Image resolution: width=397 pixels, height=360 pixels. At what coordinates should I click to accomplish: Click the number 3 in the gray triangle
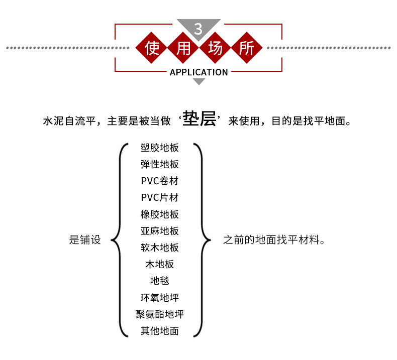[198, 29]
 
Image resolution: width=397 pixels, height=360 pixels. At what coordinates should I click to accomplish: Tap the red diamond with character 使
[152, 48]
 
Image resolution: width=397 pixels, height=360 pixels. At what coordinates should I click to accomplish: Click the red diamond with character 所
[247, 48]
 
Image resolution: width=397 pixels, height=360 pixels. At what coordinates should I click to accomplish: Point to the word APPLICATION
[199, 72]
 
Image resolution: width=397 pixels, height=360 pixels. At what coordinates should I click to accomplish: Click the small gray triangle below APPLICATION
[199, 81]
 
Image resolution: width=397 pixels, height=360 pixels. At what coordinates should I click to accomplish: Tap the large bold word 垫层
[200, 119]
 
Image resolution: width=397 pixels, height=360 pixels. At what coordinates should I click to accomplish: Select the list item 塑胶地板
[160, 148]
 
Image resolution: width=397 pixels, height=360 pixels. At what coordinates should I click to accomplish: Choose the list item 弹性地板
[160, 165]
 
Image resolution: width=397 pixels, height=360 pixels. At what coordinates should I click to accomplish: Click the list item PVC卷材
[160, 181]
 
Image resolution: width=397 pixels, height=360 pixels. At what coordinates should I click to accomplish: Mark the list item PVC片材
[160, 198]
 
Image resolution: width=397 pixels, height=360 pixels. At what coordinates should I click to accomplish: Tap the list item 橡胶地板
[160, 214]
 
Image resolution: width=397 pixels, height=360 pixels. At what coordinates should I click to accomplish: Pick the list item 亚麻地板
[160, 231]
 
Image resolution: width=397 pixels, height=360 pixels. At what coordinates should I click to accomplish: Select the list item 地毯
[160, 281]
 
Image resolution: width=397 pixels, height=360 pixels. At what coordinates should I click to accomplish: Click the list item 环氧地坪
[160, 298]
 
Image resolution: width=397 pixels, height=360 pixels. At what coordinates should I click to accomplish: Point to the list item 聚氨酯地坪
[160, 314]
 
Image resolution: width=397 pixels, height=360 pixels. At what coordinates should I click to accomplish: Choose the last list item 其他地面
[160, 331]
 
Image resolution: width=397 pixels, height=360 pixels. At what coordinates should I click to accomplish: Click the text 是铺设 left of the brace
[85, 240]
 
